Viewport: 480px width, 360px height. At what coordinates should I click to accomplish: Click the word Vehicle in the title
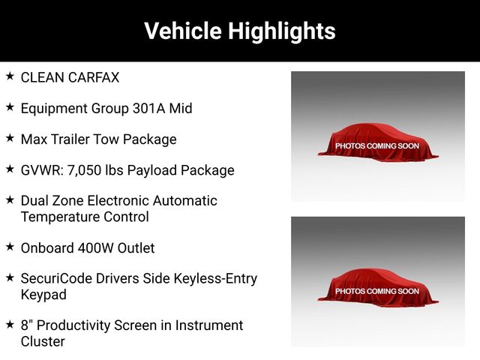[x=183, y=31]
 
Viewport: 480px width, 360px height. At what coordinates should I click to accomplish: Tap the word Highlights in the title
[x=282, y=31]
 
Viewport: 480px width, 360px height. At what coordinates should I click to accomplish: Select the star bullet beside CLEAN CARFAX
[x=10, y=76]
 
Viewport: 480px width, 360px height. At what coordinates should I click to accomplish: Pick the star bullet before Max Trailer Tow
[x=10, y=138]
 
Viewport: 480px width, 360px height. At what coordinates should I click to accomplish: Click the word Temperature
[x=60, y=217]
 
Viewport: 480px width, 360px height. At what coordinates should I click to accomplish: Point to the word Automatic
[x=185, y=201]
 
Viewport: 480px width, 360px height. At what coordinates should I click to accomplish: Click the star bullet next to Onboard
[x=10, y=247]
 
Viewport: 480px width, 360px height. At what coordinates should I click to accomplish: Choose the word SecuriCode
[x=56, y=278]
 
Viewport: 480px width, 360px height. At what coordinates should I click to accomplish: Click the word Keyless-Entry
[x=215, y=279]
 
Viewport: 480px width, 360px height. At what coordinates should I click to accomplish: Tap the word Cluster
[x=43, y=342]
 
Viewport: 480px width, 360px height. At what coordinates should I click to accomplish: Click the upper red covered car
[x=378, y=142]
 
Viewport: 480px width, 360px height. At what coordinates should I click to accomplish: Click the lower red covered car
[x=378, y=288]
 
